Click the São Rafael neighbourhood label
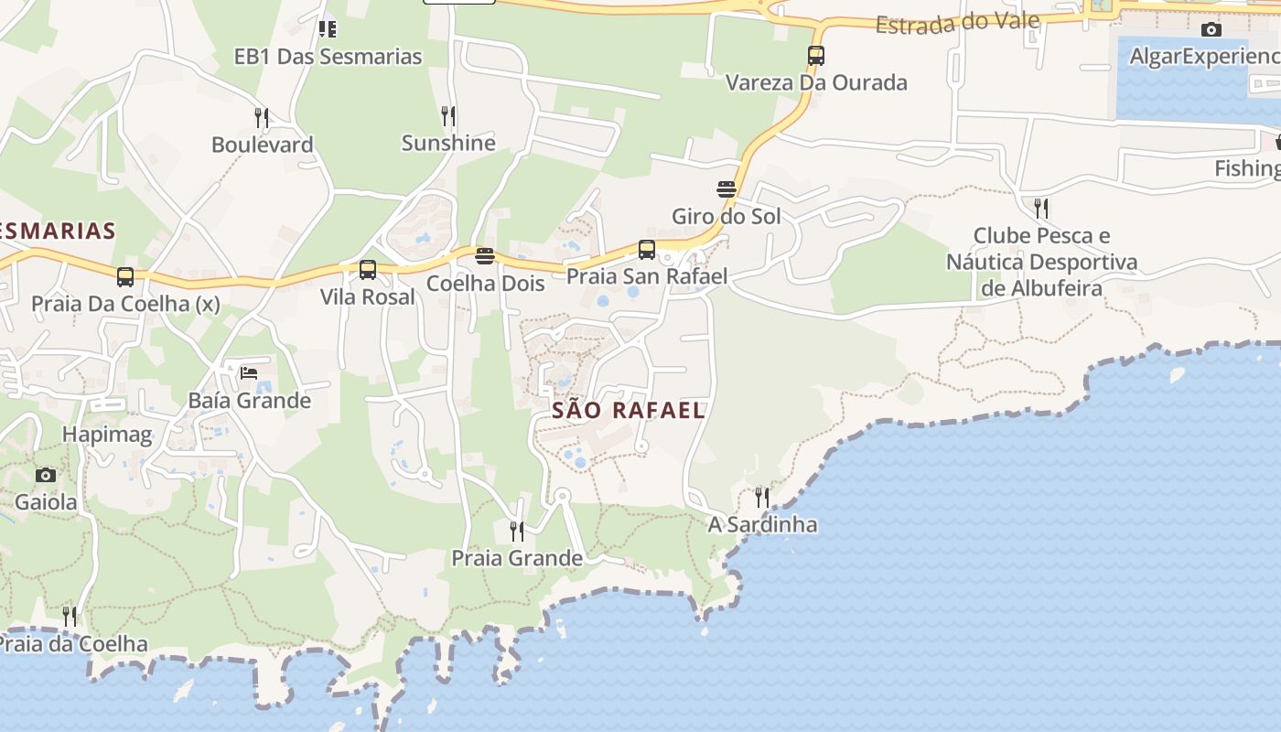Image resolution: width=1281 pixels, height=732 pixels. pos(629,410)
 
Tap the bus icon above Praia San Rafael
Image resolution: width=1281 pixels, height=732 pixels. pos(647,250)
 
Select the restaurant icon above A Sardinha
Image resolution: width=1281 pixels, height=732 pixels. pos(762,497)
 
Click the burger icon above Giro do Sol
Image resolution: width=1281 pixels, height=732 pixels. pos(727,189)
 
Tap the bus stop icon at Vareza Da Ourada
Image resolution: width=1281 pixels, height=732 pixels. pos(816,56)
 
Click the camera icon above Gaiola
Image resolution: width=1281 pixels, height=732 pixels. pos(46,475)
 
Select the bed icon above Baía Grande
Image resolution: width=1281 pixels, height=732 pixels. pos(249,372)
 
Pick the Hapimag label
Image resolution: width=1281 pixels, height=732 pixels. pos(107,435)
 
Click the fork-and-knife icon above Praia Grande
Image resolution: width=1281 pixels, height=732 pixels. pos(517,531)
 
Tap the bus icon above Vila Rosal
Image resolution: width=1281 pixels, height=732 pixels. pos(368,270)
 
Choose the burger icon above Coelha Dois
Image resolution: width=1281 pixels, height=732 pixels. pos(485,255)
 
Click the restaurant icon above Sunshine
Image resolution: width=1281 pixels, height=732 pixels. pos(448,116)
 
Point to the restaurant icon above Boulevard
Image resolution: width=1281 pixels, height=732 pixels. pos(262,117)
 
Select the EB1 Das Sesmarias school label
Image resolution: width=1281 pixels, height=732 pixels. pos(328,56)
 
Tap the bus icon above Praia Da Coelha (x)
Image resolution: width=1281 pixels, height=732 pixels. pos(125,276)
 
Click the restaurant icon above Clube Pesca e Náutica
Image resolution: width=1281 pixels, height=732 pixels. pos(1041,209)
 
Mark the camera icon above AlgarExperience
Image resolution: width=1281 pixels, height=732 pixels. pos(1211,30)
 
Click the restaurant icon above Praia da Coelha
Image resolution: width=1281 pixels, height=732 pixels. pos(70,617)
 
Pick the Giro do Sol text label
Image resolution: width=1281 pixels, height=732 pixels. pos(727,217)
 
